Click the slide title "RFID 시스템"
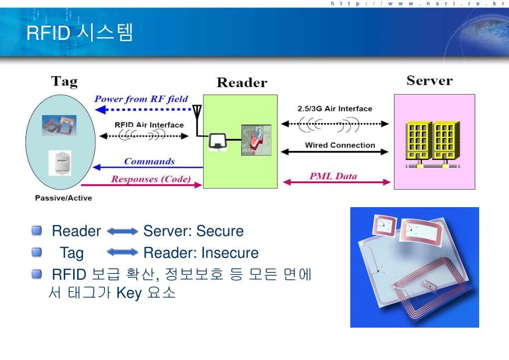point(80,33)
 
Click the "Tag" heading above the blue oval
point(64,81)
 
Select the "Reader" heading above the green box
point(242,83)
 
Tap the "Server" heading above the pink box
point(429,81)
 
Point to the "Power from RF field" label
point(141,99)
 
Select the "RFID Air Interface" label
point(149,125)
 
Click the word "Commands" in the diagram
point(149,161)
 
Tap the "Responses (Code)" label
point(151,179)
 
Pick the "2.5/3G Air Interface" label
point(331,109)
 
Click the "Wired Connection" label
point(340,145)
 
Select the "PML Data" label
point(333,176)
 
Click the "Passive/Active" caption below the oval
point(63,198)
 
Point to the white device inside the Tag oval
point(60,163)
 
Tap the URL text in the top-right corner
point(417,3)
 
